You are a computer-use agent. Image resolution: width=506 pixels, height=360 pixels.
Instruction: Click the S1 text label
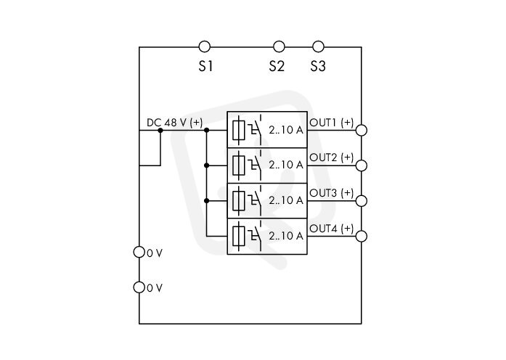205,66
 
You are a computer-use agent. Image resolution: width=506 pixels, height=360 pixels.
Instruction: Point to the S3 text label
318,66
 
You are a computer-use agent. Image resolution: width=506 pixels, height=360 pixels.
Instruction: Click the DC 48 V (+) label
174,123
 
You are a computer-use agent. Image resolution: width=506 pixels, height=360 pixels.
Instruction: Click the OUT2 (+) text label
332,157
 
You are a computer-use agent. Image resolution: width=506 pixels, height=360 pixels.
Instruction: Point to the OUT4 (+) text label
332,229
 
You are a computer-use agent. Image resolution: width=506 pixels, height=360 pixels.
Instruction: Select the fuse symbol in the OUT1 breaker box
239,130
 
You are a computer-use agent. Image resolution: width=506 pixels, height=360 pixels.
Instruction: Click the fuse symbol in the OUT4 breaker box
239,236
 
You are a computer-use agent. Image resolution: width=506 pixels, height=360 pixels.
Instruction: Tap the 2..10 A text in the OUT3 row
286,200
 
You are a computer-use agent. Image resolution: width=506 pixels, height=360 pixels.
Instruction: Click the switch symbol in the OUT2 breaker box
255,165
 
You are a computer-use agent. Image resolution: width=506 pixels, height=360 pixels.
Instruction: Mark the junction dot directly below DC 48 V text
160,131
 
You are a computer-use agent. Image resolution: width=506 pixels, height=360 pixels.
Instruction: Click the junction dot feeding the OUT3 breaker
207,200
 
